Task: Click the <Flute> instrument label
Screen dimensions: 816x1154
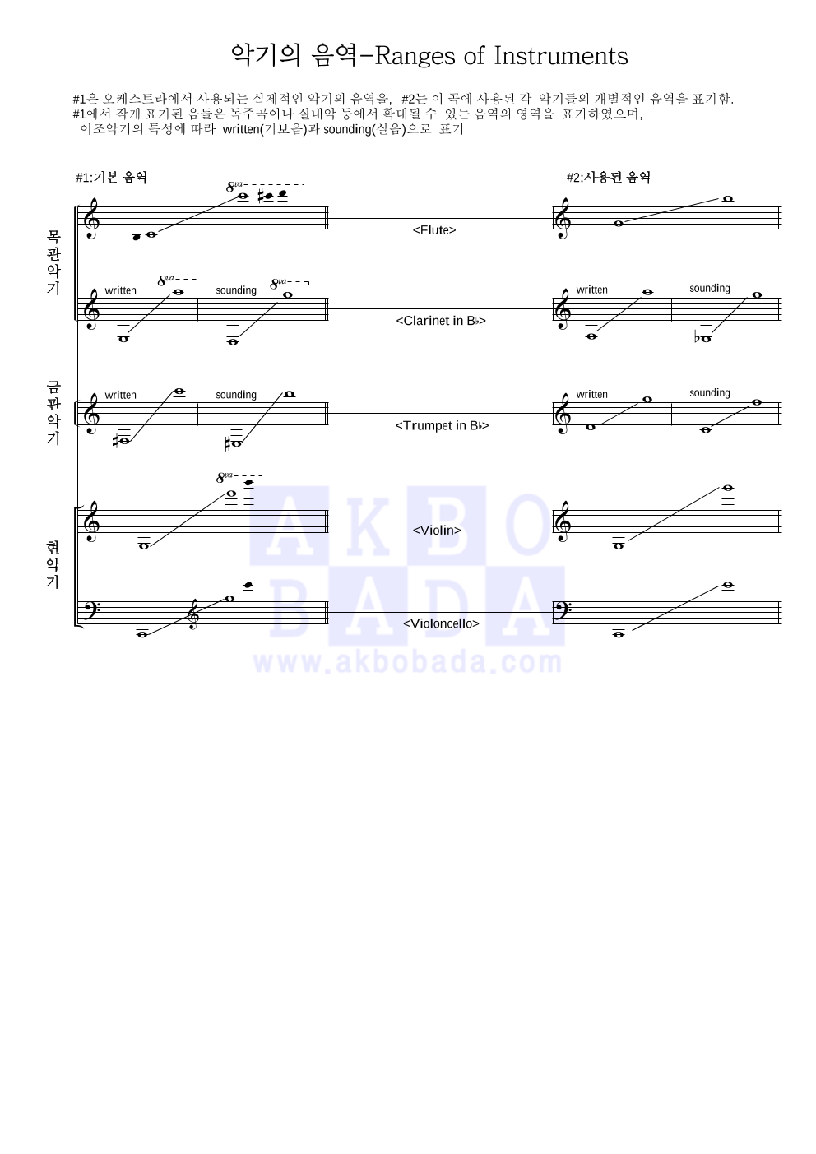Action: pyautogui.click(x=434, y=229)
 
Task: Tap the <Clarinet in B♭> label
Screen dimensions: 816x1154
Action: pyautogui.click(x=440, y=321)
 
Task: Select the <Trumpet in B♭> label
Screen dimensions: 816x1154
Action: pyautogui.click(x=442, y=425)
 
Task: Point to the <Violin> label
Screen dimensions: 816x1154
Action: pyautogui.click(x=436, y=531)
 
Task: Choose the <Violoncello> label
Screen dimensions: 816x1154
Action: pyautogui.click(x=441, y=623)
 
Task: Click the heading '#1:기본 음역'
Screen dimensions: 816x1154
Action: pyautogui.click(x=112, y=178)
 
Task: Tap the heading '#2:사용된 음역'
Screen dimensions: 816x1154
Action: pyautogui.click(x=609, y=178)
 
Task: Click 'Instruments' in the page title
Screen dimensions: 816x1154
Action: pyautogui.click(x=561, y=56)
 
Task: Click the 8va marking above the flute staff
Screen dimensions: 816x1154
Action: pyautogui.click(x=234, y=187)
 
